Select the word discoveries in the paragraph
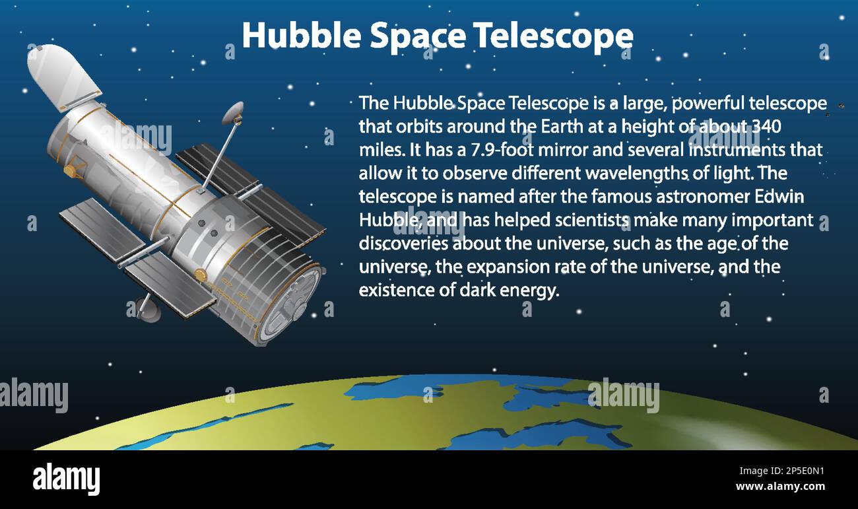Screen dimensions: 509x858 tap(403, 244)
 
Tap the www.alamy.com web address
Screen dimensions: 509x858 tap(779, 487)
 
